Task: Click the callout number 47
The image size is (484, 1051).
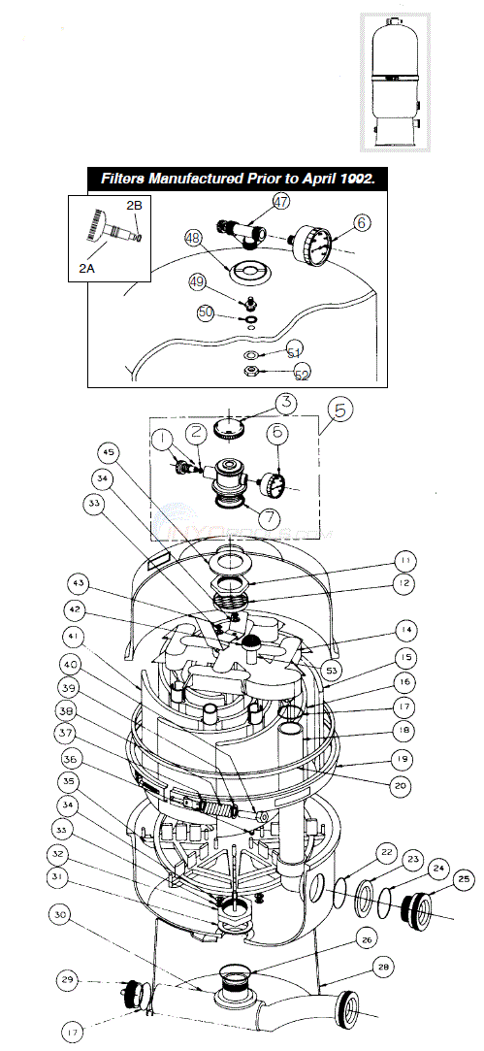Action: pos(281,202)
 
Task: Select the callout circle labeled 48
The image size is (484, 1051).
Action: pos(193,238)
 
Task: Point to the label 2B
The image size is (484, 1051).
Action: pos(136,206)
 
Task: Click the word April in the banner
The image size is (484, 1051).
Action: pos(304,180)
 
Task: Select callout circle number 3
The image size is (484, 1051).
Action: pos(285,401)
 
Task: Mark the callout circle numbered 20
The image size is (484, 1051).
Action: pos(401,784)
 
